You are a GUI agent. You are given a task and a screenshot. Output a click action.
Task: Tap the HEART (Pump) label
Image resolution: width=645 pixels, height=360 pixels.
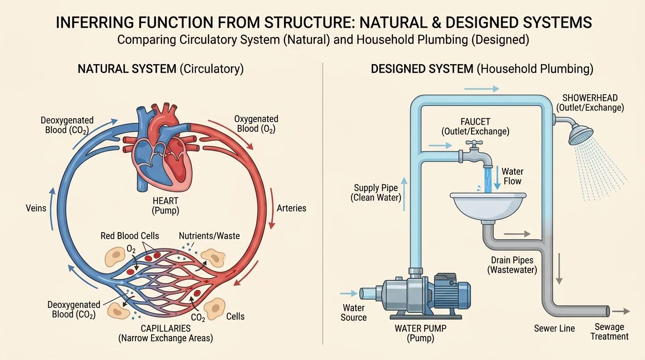165,206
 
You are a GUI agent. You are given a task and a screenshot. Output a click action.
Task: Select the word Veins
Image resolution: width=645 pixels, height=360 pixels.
36,207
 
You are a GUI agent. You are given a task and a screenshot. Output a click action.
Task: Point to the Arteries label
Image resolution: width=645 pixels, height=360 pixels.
292,208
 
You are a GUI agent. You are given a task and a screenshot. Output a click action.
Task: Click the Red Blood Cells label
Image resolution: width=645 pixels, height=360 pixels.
130,236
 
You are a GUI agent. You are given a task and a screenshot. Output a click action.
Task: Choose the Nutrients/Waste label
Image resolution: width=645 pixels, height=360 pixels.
209,236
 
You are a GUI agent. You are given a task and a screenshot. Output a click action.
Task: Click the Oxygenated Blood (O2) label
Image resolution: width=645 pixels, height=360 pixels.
256,124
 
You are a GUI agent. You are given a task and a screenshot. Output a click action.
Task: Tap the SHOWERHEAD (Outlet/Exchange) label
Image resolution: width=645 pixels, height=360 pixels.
590,103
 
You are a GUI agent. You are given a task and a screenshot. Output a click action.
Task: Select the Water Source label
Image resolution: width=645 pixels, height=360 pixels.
353,313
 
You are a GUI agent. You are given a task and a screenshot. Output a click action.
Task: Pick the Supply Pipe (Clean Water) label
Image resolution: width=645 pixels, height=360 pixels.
376,193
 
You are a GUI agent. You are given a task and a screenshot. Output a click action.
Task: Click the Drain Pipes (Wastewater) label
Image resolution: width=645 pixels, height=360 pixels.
513,265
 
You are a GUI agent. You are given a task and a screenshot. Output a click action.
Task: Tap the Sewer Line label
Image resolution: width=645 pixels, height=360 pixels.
555,329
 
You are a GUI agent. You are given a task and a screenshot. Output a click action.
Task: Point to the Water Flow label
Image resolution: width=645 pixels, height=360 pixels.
512,176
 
